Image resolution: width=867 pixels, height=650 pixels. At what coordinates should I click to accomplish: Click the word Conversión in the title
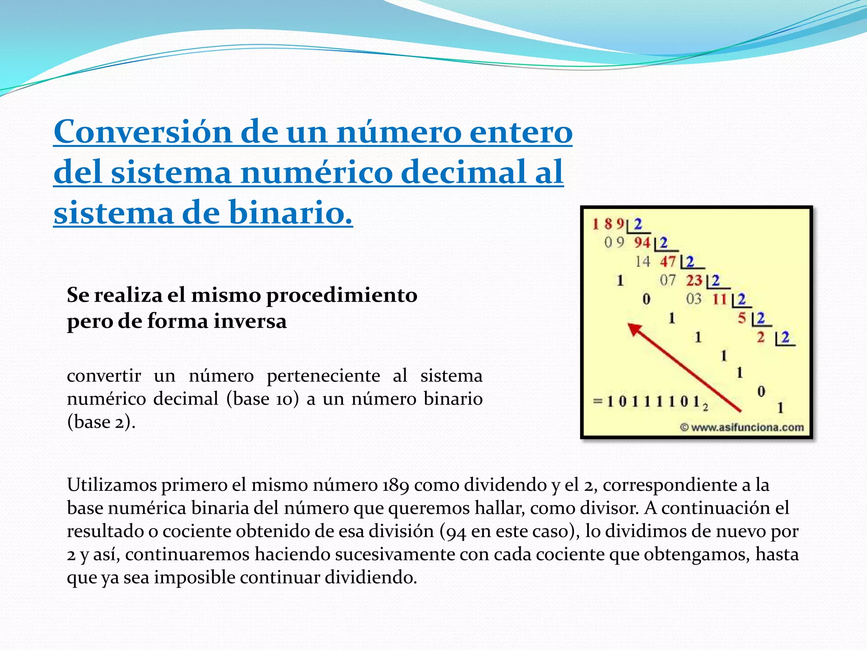[x=143, y=132]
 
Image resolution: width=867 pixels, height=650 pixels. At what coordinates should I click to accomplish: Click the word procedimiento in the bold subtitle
[x=341, y=295]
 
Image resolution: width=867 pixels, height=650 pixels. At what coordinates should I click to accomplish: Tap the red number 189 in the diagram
[x=608, y=224]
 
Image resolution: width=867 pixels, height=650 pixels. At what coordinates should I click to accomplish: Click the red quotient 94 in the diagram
[x=642, y=242]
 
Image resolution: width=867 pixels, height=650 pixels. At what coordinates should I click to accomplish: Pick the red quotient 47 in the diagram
[x=668, y=262]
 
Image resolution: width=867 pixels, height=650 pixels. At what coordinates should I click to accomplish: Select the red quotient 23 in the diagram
[x=694, y=280]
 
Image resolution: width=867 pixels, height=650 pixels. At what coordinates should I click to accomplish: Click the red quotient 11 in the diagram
[x=719, y=299]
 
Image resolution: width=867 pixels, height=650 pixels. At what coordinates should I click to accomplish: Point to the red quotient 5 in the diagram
[x=742, y=318]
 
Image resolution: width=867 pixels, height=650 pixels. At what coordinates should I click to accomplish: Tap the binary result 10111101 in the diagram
[x=654, y=401]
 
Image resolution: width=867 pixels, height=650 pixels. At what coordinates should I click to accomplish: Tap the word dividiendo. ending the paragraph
[x=371, y=578]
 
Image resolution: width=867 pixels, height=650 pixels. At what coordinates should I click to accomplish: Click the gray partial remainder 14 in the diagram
[x=642, y=262]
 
